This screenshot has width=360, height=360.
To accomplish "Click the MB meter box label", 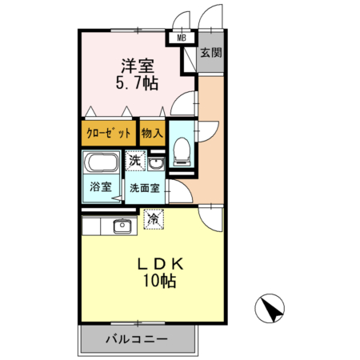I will click(181, 37).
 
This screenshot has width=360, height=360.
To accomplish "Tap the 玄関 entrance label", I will click(210, 54).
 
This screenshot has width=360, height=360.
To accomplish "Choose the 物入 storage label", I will click(152, 133).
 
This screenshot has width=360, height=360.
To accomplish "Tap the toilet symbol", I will click(181, 149).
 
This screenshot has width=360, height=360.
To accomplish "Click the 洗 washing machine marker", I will click(136, 161).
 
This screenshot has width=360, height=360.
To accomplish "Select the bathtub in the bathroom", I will click(102, 166).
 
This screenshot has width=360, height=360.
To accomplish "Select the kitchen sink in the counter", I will click(123, 224).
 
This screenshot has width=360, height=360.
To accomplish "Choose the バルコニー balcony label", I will click(138, 338).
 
